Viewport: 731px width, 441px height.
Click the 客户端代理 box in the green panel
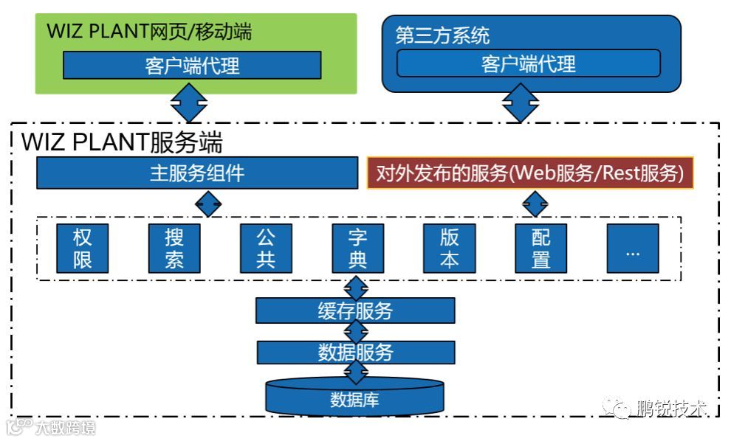(x=192, y=65)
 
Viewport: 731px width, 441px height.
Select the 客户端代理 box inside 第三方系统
(x=528, y=63)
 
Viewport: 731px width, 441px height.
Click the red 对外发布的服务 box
(x=530, y=174)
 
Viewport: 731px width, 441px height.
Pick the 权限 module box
(x=82, y=249)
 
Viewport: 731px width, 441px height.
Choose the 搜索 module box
(x=174, y=249)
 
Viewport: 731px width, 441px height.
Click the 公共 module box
(x=265, y=249)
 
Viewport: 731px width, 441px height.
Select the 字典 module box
(x=357, y=249)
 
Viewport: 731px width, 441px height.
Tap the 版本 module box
(x=449, y=249)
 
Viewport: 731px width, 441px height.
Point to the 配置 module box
(x=540, y=249)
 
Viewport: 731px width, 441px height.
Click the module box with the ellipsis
(x=632, y=249)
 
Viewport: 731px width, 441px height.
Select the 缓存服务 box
(x=355, y=310)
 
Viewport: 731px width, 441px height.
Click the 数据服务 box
(x=355, y=352)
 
